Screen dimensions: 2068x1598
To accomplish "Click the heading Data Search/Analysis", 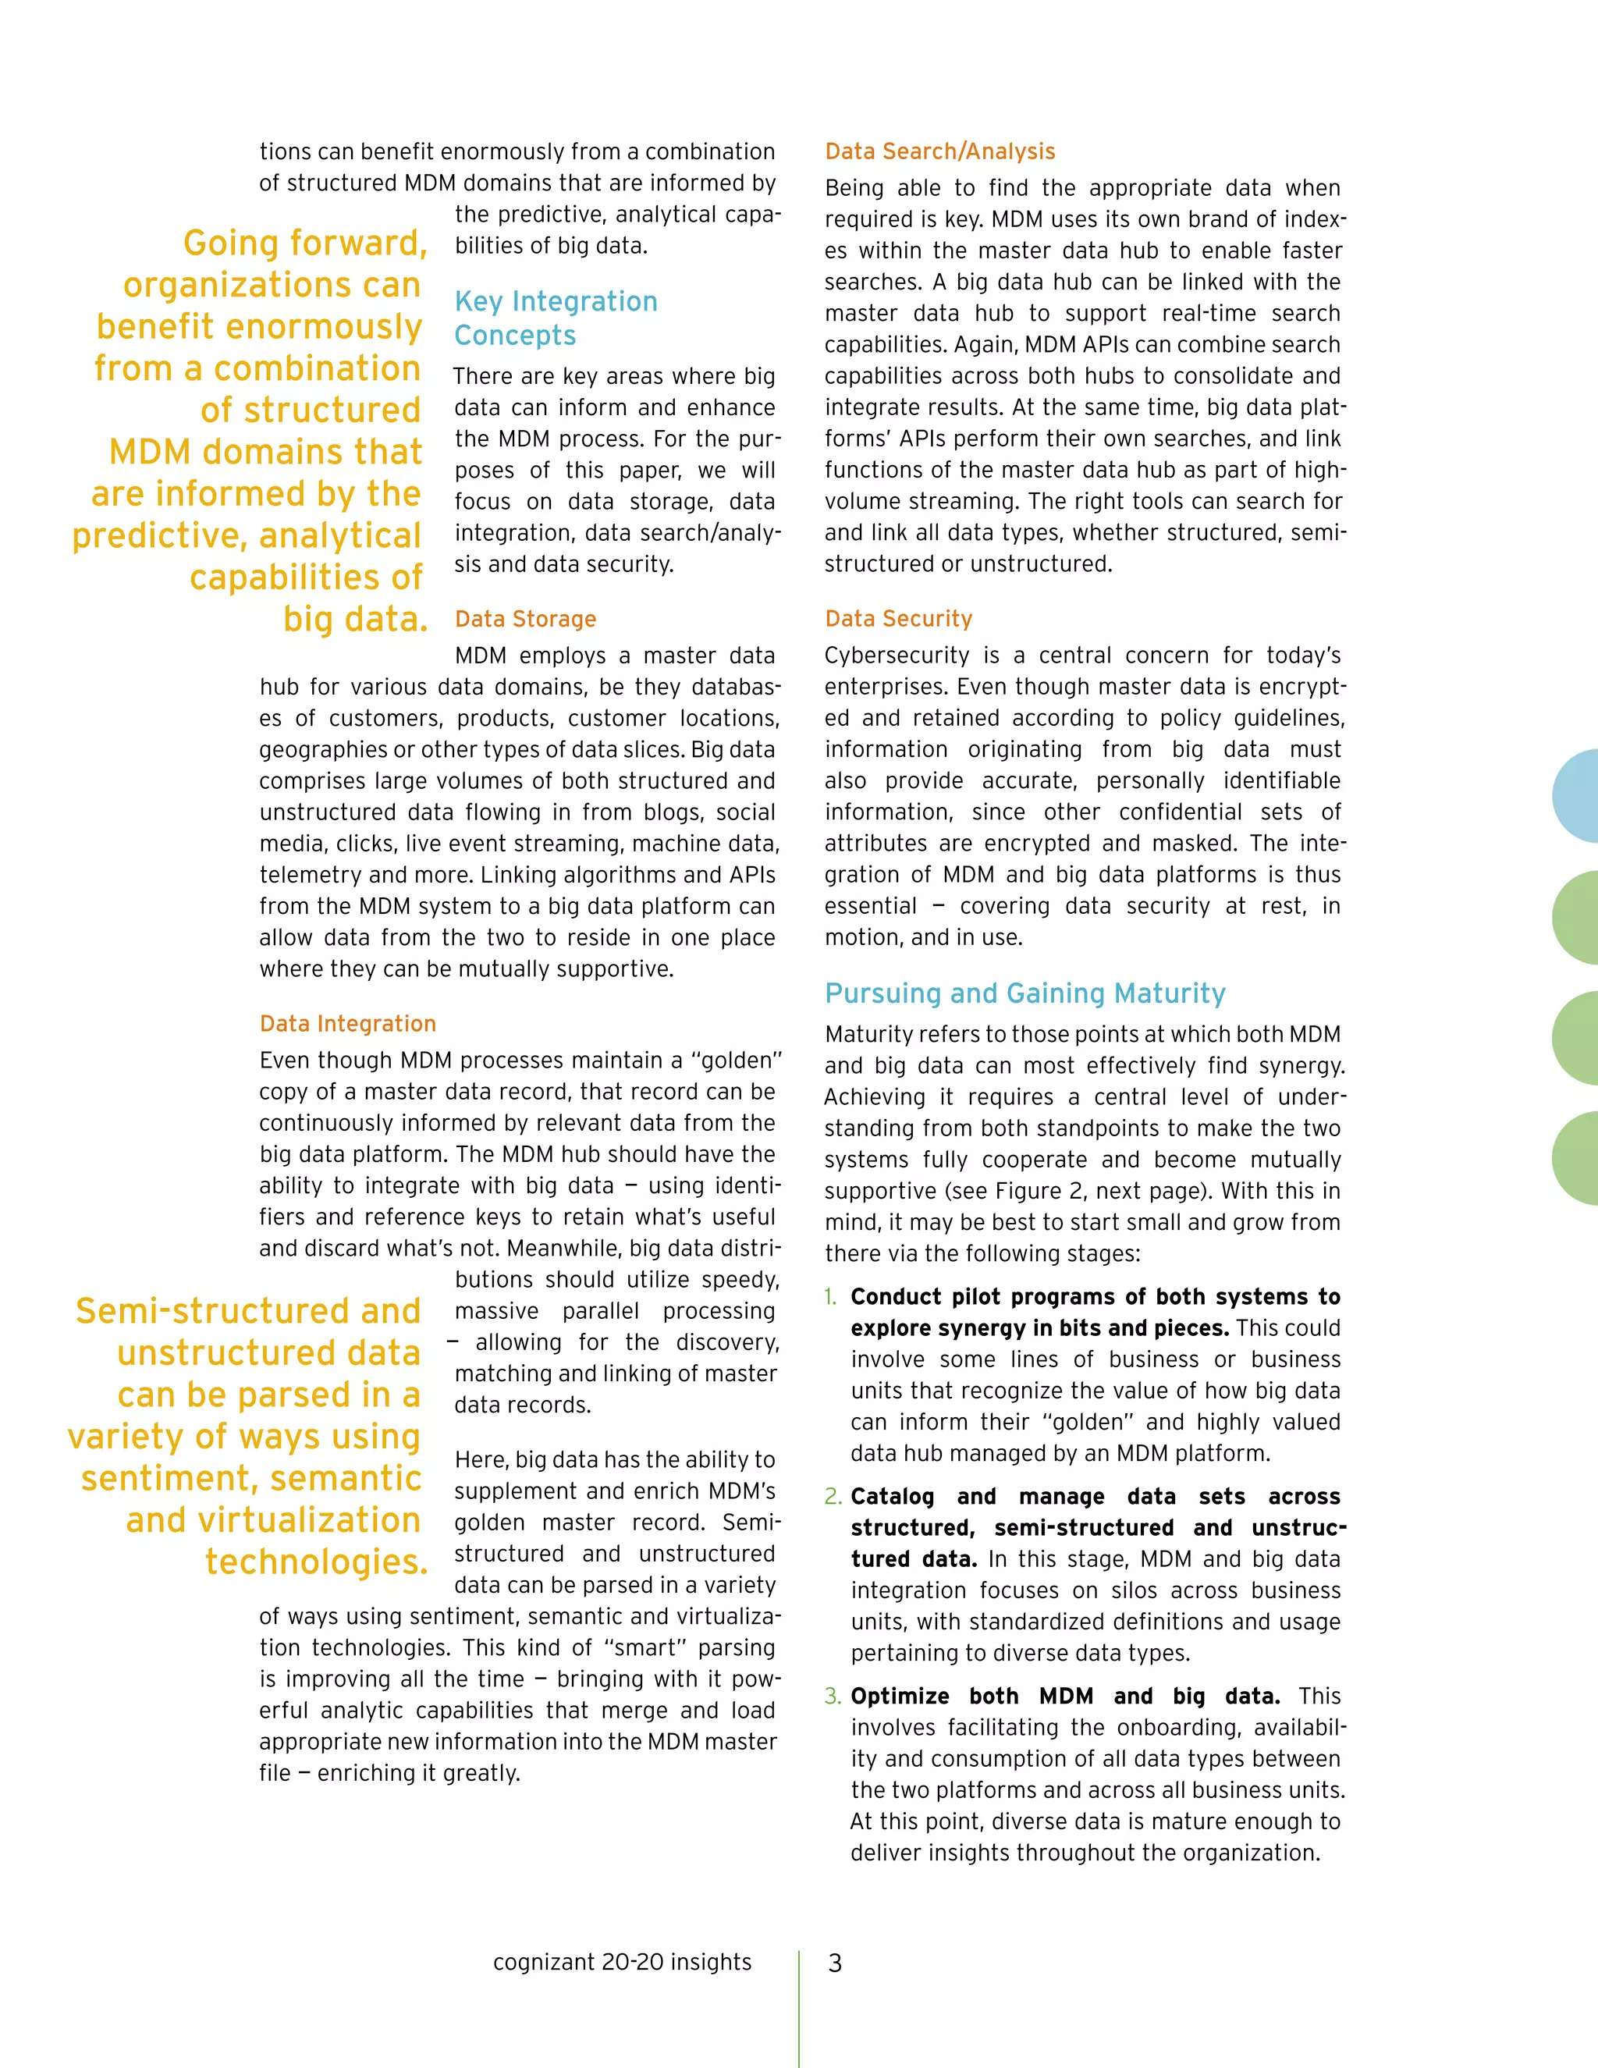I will (939, 151).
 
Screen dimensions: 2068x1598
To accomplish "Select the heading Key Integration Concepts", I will (556, 318).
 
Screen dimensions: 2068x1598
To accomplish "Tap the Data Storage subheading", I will (525, 620).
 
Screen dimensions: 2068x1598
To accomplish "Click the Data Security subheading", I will (898, 620).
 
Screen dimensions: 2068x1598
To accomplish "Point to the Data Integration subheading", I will (347, 1024).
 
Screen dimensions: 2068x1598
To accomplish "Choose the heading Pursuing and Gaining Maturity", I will (1024, 993).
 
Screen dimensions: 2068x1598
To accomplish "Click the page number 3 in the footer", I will (834, 1963).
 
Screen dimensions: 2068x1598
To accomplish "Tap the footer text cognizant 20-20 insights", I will (622, 1962).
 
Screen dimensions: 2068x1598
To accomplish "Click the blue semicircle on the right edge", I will (1577, 796).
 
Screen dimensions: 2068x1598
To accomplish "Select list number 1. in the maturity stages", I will (830, 1297).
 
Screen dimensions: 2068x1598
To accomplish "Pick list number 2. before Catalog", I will (832, 1497).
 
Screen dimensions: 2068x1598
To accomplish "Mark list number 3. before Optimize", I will (832, 1697).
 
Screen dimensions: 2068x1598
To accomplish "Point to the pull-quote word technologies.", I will (316, 1562).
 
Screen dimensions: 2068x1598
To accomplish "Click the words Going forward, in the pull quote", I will (305, 243).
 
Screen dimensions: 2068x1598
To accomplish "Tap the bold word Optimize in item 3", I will (900, 1697).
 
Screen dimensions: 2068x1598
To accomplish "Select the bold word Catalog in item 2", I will (892, 1497).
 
